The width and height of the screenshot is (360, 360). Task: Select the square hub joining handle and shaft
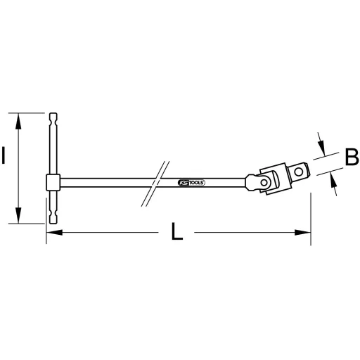point(51,184)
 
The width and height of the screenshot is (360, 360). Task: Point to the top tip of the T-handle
point(53,113)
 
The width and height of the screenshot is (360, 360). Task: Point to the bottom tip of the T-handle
point(53,221)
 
